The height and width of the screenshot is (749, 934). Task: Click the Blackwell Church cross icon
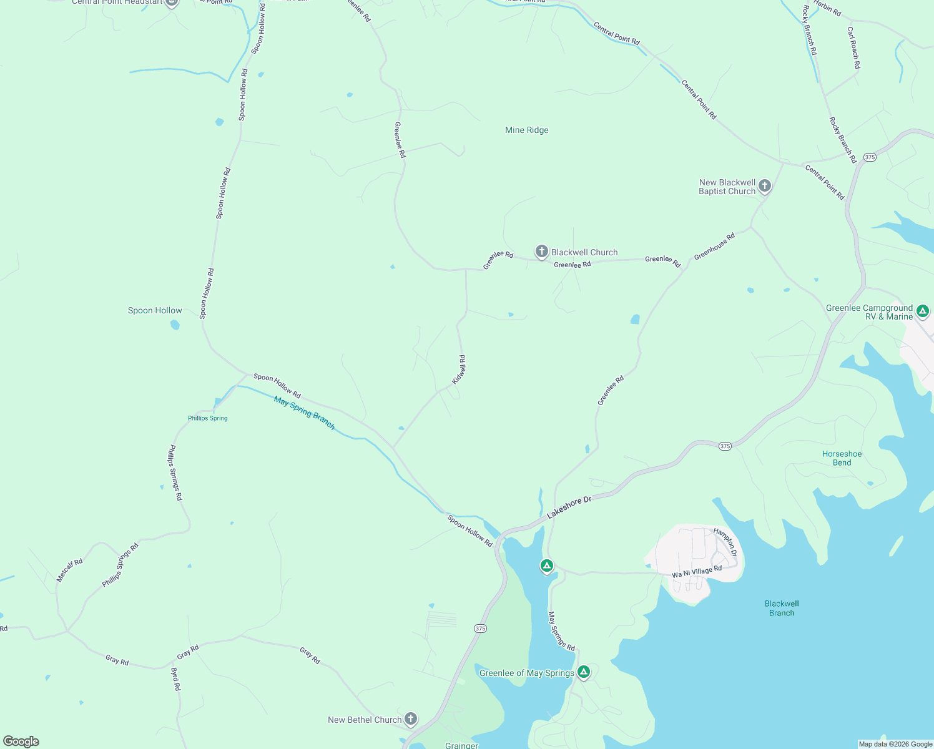tap(541, 252)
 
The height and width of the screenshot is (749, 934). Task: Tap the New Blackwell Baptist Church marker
tap(764, 186)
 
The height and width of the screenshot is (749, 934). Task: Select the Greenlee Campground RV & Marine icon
tap(922, 310)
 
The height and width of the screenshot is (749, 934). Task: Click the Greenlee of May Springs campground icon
tap(583, 672)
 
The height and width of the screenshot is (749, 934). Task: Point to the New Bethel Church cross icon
tap(410, 718)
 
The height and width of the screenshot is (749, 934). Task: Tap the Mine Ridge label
tap(526, 130)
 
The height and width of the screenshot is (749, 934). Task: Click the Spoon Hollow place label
tap(155, 310)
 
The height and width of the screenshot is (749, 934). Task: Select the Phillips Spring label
tap(207, 418)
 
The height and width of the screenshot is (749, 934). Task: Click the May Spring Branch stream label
tap(305, 413)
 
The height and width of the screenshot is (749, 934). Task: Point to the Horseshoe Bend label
tap(842, 458)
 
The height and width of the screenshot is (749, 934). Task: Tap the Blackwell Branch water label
tap(782, 608)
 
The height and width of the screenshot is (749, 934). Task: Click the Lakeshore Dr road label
tap(569, 508)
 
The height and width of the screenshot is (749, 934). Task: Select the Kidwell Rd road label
tap(459, 370)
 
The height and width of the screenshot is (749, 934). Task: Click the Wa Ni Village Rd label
tap(696, 572)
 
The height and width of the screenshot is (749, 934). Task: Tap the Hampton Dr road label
tap(725, 542)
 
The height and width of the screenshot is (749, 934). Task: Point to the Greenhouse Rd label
tap(714, 246)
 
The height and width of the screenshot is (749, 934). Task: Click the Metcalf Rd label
tap(69, 570)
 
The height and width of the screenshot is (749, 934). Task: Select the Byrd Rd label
tap(175, 679)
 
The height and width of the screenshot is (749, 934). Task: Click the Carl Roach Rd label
tap(853, 47)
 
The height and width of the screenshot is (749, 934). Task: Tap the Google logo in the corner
tap(21, 742)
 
